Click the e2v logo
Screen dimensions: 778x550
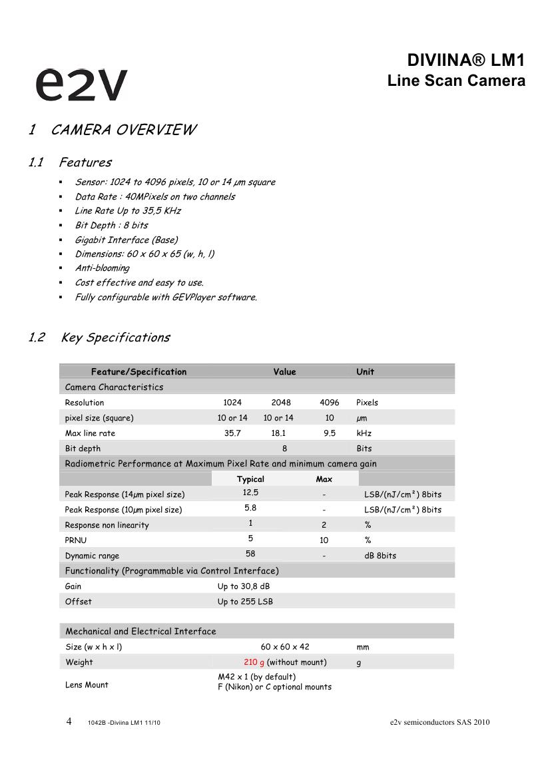(x=81, y=84)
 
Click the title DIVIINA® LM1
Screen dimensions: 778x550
(x=466, y=61)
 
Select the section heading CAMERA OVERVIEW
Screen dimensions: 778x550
(x=123, y=130)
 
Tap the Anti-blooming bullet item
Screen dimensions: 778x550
(x=102, y=268)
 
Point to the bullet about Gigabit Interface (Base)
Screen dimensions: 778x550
(x=126, y=240)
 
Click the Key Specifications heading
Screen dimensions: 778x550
(x=115, y=337)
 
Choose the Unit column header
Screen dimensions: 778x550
(x=365, y=372)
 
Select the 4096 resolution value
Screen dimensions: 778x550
(x=329, y=403)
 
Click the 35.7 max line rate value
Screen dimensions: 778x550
(x=232, y=433)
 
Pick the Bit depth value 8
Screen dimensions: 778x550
(x=284, y=449)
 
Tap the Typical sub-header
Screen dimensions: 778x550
(x=250, y=479)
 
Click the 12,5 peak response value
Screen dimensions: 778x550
(x=250, y=492)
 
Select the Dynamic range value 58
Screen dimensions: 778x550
(x=250, y=554)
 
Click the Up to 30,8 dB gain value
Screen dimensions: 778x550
(x=244, y=586)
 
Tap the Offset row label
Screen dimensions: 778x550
(x=79, y=602)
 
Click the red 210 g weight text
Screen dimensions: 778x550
(x=254, y=662)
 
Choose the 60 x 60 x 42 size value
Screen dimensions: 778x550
(x=285, y=647)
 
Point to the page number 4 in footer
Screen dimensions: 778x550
(x=69, y=721)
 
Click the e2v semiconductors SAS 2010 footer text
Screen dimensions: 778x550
(x=440, y=723)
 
